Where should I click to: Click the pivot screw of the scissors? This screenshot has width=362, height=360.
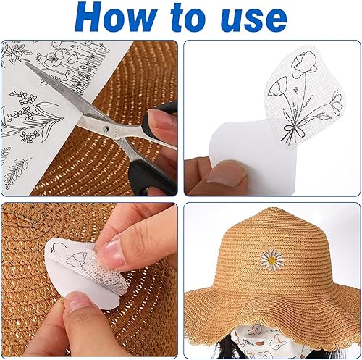point(106,129)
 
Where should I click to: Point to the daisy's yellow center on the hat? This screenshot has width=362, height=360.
point(271,260)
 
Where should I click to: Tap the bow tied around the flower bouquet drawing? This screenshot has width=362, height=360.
point(293,132)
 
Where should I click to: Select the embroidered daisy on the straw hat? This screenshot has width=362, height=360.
point(271,260)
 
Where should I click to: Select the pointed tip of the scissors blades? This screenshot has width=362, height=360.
point(26,62)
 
